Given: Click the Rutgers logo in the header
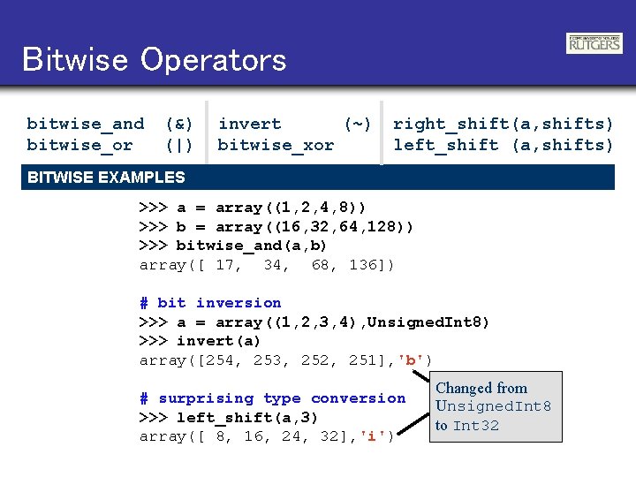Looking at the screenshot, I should click(594, 42).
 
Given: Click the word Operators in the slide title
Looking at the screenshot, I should click(213, 60).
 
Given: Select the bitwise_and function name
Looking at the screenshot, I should click(85, 124).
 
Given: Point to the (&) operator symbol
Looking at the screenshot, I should click(180, 124).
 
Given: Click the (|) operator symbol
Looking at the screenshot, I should click(180, 145).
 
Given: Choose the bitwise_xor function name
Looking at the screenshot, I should click(276, 145).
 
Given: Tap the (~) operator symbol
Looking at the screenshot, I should click(357, 124).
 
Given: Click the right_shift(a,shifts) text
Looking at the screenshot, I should click(503, 124).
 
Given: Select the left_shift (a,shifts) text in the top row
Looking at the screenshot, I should click(503, 145).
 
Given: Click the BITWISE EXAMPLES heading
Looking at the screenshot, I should click(106, 177).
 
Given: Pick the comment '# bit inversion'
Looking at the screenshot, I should click(210, 303).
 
